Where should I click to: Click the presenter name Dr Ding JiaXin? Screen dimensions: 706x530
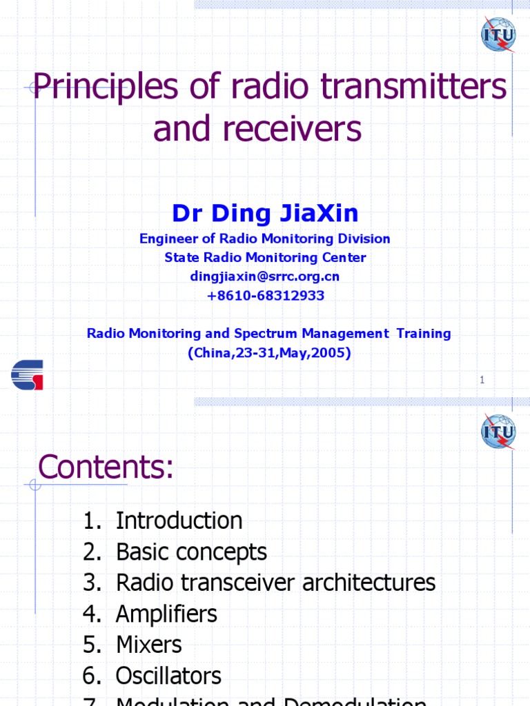[265, 214]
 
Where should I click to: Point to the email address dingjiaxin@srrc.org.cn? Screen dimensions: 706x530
[265, 276]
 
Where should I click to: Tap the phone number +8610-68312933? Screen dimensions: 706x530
[265, 296]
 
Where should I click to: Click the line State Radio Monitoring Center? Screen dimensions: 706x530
[265, 258]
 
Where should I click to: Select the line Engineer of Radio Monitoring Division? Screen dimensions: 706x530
[265, 239]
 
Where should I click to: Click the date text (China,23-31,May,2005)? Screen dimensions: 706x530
[269, 353]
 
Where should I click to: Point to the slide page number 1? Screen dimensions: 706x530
[482, 379]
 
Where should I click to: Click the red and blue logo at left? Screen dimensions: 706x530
[27, 374]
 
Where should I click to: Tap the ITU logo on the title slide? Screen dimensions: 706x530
[498, 34]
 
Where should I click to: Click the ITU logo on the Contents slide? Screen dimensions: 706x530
[498, 432]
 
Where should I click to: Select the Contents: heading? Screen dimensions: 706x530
[106, 469]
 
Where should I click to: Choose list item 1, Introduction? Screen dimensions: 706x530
[178, 521]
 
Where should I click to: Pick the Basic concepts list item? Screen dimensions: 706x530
[190, 552]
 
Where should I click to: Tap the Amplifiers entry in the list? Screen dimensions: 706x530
[166, 614]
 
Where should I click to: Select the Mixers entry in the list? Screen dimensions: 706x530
[148, 645]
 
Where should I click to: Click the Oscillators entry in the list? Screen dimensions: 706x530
[168, 676]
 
